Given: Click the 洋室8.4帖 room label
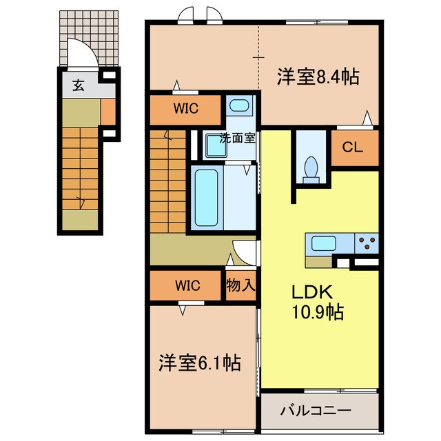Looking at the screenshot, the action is tap(318, 76).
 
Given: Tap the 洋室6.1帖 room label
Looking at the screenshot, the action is tap(200, 363).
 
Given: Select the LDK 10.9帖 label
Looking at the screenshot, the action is tap(318, 302).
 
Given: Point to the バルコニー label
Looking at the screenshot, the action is tap(316, 411).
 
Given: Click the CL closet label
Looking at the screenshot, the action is tap(352, 147).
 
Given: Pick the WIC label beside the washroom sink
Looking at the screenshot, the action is tap(186, 108).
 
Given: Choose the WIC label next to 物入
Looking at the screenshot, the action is tap(187, 285).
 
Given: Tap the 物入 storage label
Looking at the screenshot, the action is tap(240, 285).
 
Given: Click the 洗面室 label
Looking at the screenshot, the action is tap(238, 138).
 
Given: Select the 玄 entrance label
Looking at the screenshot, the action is tap(79, 85).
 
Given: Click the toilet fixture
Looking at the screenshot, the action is tap(311, 170).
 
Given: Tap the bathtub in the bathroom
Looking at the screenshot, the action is tap(207, 198).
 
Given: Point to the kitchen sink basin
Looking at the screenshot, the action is tap(323, 243).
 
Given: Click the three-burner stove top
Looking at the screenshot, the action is tap(367, 243).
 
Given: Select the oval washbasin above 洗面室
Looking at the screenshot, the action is tap(239, 105).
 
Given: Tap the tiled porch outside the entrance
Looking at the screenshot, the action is tap(89, 39).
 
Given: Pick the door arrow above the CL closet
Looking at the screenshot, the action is tap(367, 118).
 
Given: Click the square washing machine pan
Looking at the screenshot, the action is tap(216, 145).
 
